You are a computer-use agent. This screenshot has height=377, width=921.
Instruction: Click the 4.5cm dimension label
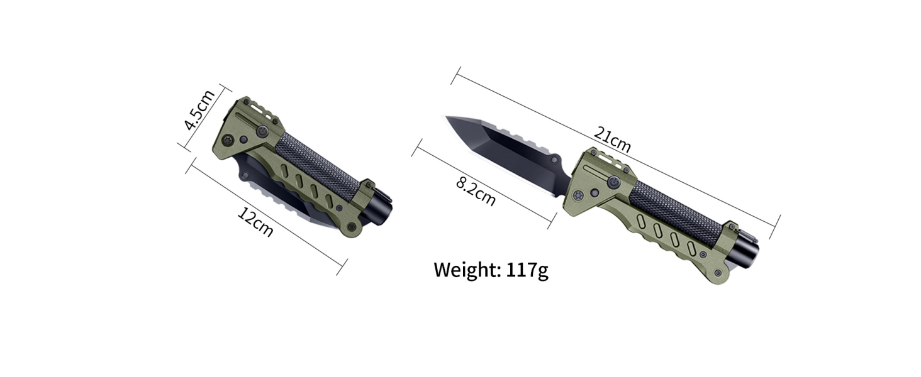(x=200, y=109)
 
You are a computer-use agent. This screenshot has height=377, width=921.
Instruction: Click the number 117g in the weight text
(x=527, y=270)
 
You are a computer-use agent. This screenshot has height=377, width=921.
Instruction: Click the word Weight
(x=466, y=270)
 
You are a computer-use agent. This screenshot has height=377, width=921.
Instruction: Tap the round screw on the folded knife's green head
(x=262, y=131)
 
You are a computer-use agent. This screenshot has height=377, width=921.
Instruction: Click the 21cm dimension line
(x=692, y=182)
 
